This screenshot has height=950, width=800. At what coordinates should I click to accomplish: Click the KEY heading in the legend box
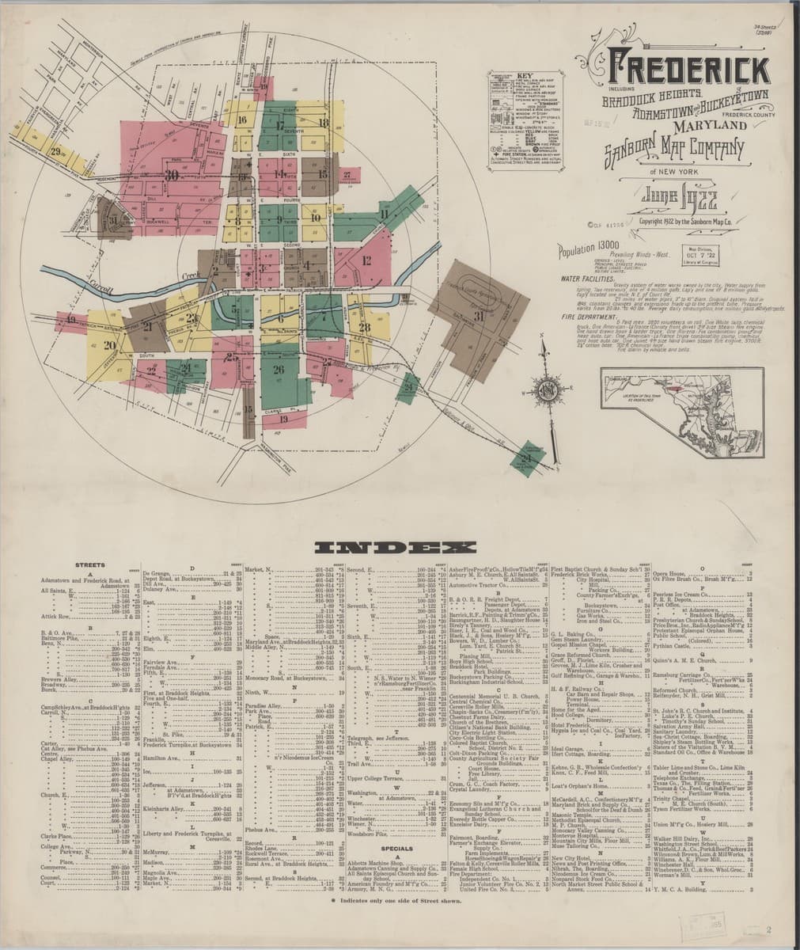coord(521,77)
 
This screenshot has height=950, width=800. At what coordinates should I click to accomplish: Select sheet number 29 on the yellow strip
coord(55,152)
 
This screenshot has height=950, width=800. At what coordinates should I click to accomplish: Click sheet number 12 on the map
coord(366,260)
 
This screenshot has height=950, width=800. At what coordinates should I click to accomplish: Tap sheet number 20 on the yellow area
coord(109,345)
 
